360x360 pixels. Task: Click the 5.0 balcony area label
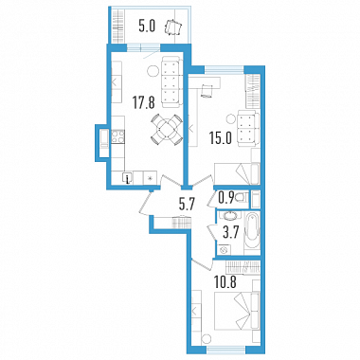coord(147,27)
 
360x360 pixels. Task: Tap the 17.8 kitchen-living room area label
coord(143,103)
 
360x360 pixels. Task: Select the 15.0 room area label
coord(220,138)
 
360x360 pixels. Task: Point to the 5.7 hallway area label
coord(188,205)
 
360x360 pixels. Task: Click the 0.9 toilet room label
coord(226,198)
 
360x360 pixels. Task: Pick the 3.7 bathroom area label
coord(229,234)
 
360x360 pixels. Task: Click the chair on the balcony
coord(172,27)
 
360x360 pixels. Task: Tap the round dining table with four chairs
coord(167,130)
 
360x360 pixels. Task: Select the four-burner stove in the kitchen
coord(117,137)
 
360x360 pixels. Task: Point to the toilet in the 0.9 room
coord(243,198)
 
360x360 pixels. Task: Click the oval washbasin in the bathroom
coord(229,217)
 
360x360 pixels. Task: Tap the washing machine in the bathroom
coord(225,250)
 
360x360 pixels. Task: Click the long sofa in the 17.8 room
coord(171,81)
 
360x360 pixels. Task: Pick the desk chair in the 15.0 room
coord(207,91)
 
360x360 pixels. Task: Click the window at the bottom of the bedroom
coord(225,350)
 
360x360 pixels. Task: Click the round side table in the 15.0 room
coord(231,120)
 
